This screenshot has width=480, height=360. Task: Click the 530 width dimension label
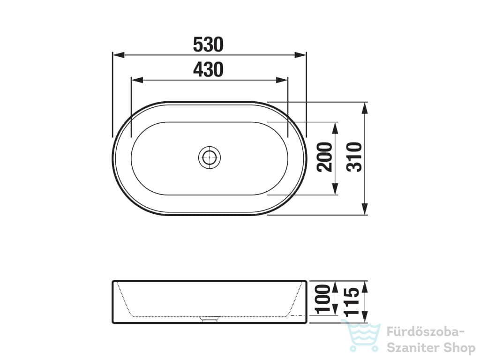pos(208,45)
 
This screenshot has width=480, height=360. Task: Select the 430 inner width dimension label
pos(208,69)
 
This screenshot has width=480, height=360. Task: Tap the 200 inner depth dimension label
pos(325,157)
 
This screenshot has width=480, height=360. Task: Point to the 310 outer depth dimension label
pos(354,157)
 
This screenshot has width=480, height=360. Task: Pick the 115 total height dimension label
pos(351,302)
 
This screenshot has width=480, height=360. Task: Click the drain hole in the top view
pos(210,157)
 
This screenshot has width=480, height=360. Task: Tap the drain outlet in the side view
pos(210,319)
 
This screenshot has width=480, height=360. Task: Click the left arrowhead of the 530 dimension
pos(119,55)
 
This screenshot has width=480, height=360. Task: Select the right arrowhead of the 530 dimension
pos(300,55)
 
